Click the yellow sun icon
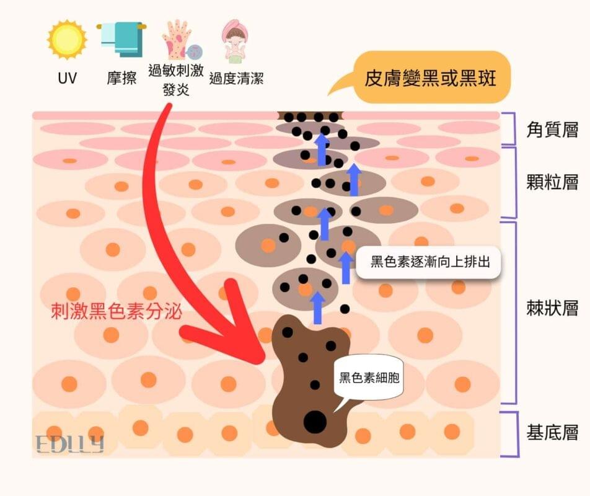[67, 40]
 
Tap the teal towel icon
[121, 39]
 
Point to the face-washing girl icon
[236, 41]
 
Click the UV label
[68, 78]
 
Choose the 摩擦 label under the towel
[121, 78]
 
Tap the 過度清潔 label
[236, 79]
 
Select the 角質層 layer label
[552, 130]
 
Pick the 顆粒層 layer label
[552, 182]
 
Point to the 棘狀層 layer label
[552, 309]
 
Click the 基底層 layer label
[552, 432]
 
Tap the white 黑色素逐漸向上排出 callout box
[429, 262]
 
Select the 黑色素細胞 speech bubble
[368, 378]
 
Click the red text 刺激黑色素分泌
[117, 311]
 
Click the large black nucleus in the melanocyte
[315, 422]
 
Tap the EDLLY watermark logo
[70, 444]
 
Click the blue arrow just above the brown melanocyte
[317, 308]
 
